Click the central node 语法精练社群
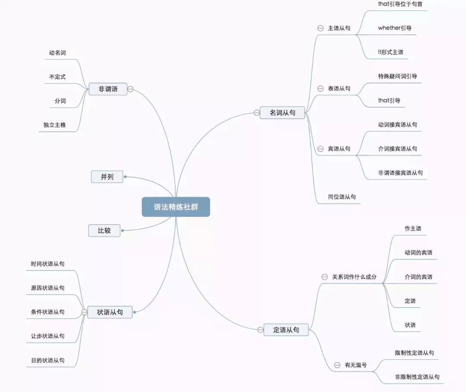(176, 207)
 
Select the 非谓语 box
(108, 89)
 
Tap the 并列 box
(107, 177)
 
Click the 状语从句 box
(110, 312)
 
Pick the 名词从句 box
(282, 113)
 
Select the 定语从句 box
(286, 330)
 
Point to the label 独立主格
(54, 125)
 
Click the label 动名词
(57, 53)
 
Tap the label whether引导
(394, 28)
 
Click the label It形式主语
(390, 52)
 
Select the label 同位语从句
(342, 197)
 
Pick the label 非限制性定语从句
(417, 377)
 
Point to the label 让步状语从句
(47, 336)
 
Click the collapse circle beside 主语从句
(320, 28)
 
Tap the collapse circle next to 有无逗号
(337, 365)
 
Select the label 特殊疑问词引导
(397, 76)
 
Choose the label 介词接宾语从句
(397, 149)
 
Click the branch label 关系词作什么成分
(354, 277)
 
